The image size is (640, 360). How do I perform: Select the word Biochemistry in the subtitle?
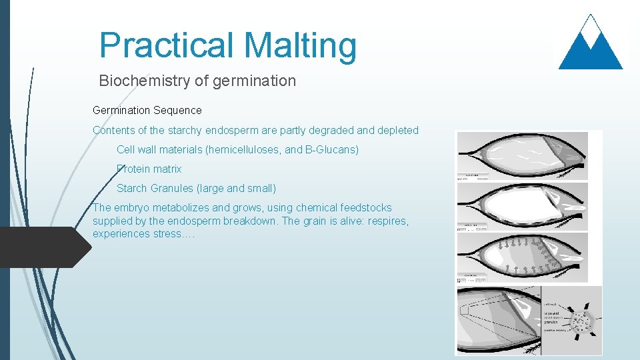tap(142, 81)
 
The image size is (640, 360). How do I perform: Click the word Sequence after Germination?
tap(179, 110)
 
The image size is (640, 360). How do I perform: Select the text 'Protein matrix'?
tap(149, 169)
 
